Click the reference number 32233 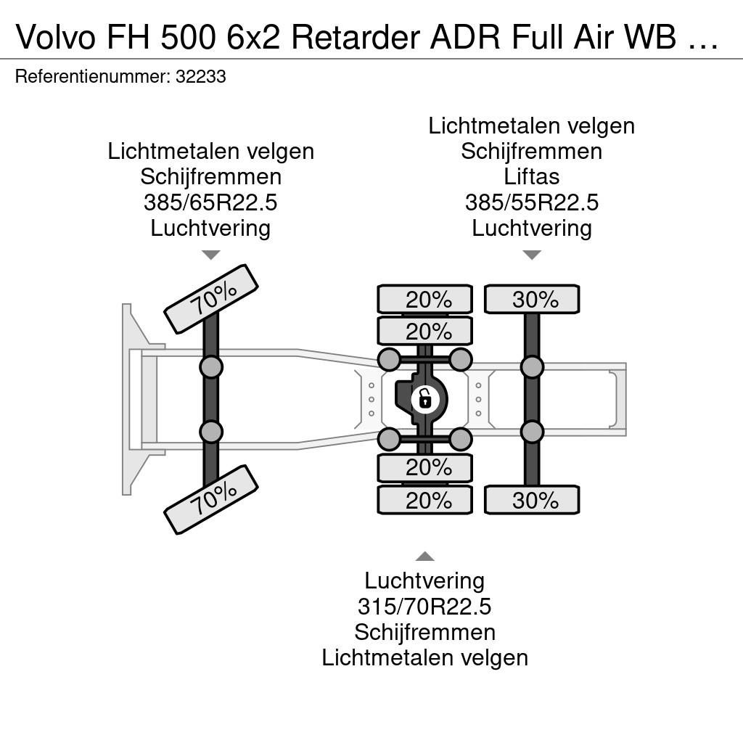(201, 76)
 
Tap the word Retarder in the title (356, 37)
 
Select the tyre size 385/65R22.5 (210, 202)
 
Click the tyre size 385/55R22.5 (532, 202)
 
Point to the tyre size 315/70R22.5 (424, 607)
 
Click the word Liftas (532, 177)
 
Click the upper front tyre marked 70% (211, 299)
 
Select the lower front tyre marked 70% (211, 500)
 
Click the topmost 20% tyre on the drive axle (425, 299)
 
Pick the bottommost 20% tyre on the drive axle (425, 500)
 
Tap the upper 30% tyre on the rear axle (532, 299)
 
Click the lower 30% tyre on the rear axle (532, 500)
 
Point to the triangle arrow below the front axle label (211, 255)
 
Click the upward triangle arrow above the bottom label (425, 557)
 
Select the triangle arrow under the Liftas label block (532, 255)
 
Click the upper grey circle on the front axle (211, 366)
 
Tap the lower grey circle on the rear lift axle (532, 432)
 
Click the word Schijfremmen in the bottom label (424, 632)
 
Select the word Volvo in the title (56, 37)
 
